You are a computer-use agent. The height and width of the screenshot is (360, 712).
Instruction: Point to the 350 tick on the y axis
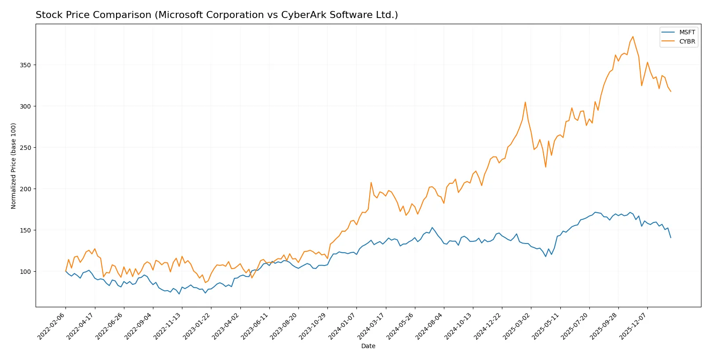[25, 65]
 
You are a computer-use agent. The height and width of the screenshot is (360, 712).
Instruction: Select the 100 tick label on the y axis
[25, 272]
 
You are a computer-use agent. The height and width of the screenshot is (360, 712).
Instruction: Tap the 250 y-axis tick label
[25, 148]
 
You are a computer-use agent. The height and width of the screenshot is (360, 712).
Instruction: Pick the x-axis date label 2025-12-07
[634, 326]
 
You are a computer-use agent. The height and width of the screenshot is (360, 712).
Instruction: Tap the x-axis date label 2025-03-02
[518, 326]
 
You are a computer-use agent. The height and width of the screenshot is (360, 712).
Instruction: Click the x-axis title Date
[368, 346]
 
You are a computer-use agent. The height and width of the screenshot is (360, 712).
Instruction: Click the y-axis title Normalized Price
[14, 166]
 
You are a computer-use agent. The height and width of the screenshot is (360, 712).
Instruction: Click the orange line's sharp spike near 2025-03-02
[525, 102]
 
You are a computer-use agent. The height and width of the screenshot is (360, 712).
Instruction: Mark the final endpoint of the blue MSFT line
[671, 238]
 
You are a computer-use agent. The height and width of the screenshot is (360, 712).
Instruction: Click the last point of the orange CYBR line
[671, 91]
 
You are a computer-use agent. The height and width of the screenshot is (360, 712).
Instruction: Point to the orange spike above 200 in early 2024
[371, 182]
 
